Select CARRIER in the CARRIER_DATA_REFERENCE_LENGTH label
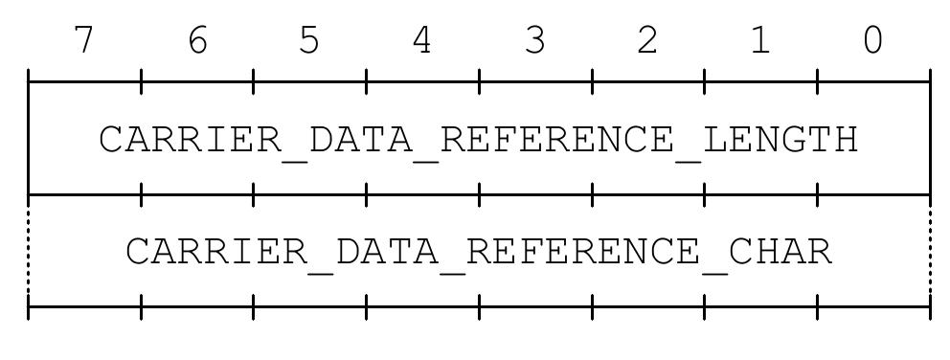click(x=191, y=140)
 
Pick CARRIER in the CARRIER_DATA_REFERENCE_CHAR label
click(x=216, y=253)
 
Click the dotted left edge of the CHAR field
click(x=29, y=251)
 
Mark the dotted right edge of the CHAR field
click(x=929, y=251)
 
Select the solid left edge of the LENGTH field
click(x=29, y=139)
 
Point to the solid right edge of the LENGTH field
click(x=929, y=139)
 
